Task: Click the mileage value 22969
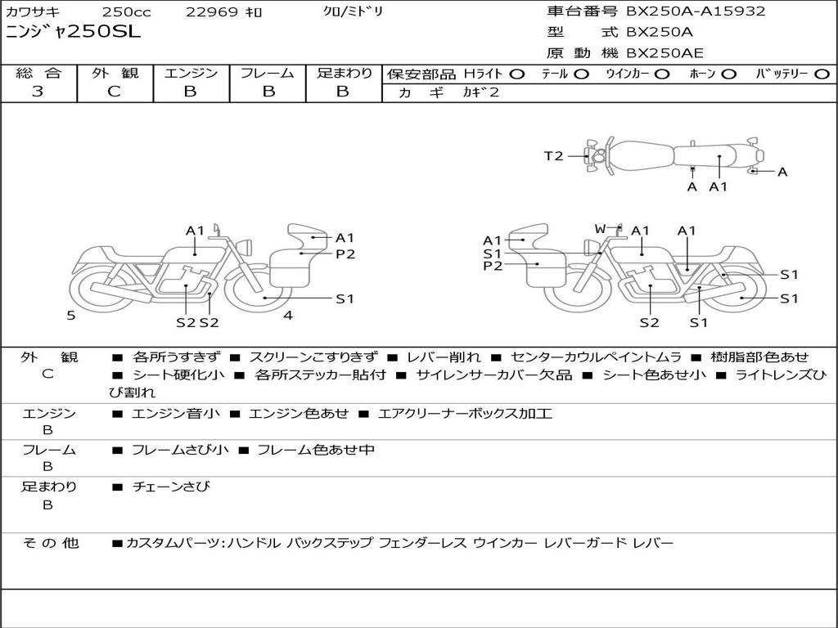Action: (212, 12)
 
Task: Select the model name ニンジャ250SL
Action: (73, 32)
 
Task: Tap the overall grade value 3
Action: (38, 92)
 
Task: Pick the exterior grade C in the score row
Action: (114, 92)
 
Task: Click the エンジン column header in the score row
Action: (191, 73)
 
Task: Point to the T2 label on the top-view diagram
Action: (554, 156)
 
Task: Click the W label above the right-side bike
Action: (601, 228)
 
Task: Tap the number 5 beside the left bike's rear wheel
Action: (71, 315)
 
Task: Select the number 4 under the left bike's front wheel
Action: (287, 315)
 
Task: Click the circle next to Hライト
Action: (516, 74)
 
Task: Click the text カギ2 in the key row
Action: (480, 92)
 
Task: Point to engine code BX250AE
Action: (665, 53)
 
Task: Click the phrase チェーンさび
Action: (171, 487)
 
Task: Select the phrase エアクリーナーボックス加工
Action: (465, 414)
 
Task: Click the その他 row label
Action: (50, 543)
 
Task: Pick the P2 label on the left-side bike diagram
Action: (345, 254)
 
